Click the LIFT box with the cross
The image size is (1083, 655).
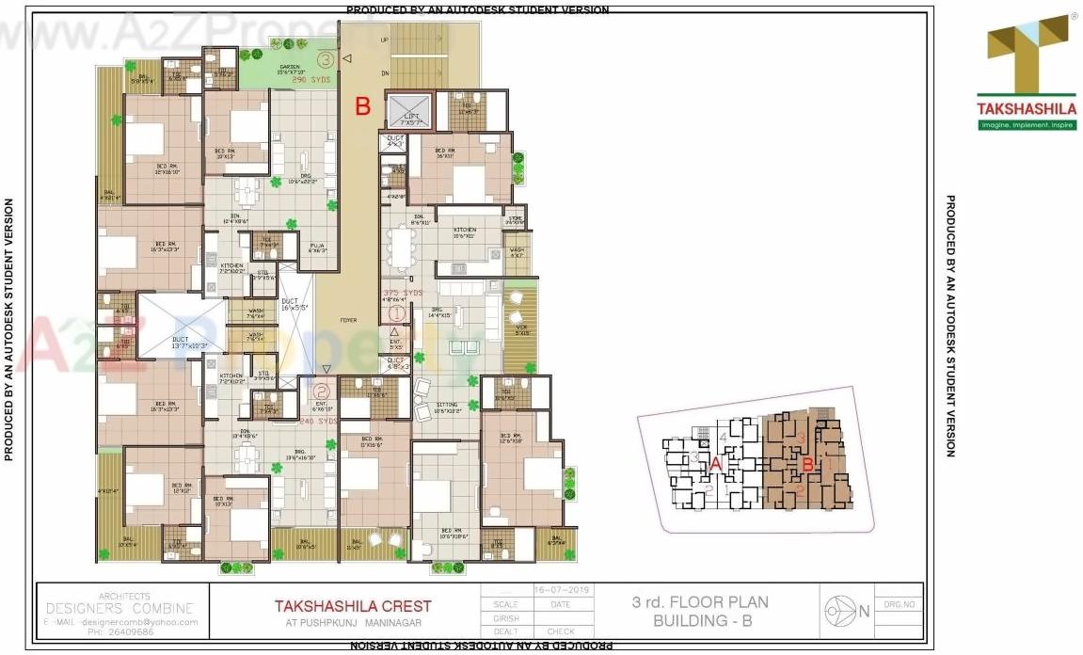[x=406, y=112]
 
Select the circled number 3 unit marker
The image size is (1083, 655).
[x=326, y=59]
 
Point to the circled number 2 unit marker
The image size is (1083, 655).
[x=322, y=389]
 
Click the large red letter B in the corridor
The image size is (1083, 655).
[x=362, y=106]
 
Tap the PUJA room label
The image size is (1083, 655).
[x=318, y=248]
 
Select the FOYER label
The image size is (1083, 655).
[x=349, y=321]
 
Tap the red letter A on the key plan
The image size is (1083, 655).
[x=716, y=463]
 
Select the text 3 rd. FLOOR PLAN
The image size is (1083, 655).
[x=700, y=602]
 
